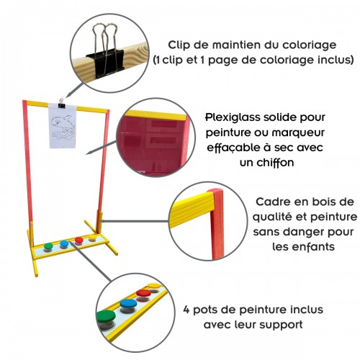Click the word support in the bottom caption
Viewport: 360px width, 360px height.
coord(286,325)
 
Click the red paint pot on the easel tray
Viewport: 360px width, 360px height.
coord(78,240)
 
